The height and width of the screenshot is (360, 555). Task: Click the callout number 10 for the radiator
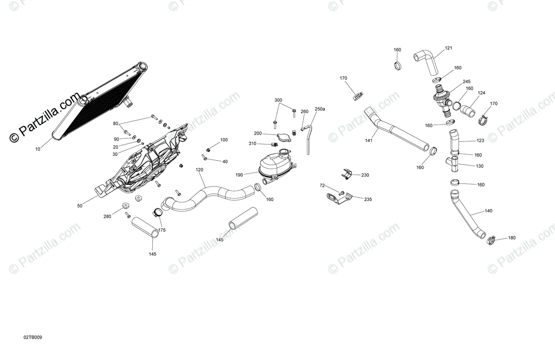[38, 149]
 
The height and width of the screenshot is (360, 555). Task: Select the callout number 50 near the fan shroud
[80, 205]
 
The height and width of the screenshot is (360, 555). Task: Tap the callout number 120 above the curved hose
[199, 170]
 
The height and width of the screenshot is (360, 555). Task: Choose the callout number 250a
[320, 109]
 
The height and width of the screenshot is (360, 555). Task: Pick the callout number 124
[481, 93]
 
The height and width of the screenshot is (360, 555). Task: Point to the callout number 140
[488, 211]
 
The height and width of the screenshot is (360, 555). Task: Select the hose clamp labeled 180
[491, 239]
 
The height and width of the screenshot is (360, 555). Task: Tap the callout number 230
[365, 175]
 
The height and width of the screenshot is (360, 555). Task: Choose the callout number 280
[107, 216]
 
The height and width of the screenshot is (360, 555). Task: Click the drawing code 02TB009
[33, 338]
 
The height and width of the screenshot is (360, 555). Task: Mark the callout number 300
[278, 100]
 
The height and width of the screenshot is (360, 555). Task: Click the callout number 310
[252, 143]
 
